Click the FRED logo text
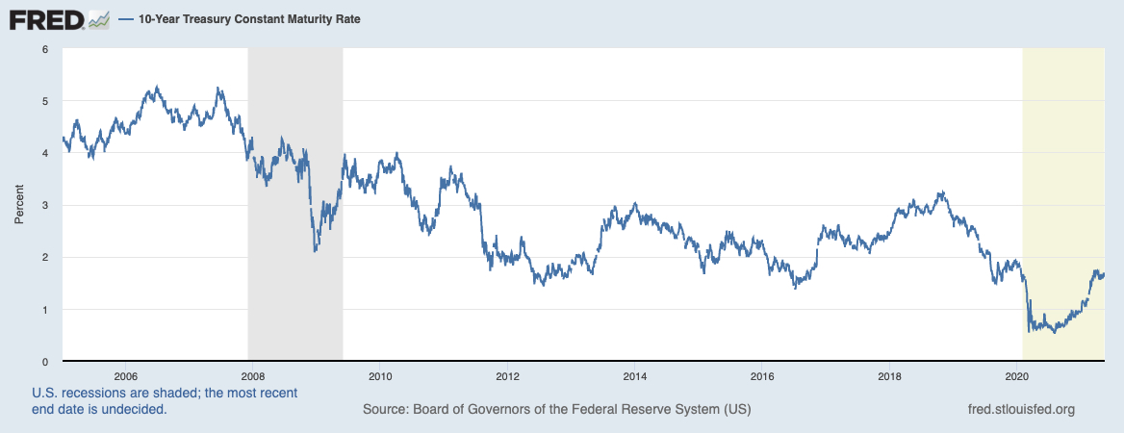tap(46, 18)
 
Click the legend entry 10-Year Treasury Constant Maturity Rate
tap(242, 19)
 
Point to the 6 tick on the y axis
tap(44, 49)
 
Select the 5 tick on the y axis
tap(44, 101)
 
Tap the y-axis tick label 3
tap(44, 205)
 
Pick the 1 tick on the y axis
tap(44, 310)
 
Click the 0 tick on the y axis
tap(44, 362)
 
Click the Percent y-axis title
tap(18, 205)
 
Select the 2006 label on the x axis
tap(125, 375)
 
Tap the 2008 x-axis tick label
tap(252, 375)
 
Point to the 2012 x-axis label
tap(507, 375)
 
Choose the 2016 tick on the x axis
tap(762, 375)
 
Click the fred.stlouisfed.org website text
tap(1021, 410)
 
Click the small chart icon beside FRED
tap(99, 18)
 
